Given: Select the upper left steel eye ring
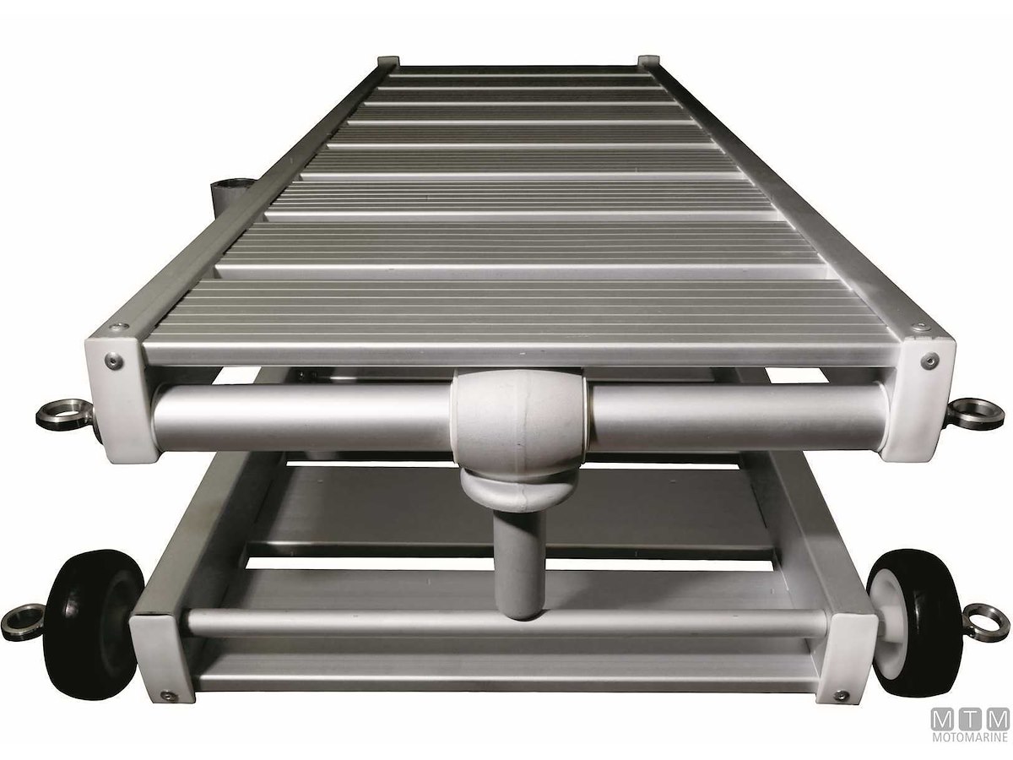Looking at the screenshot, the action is (63, 415).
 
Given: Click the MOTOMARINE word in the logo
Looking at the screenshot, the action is (969, 737).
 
